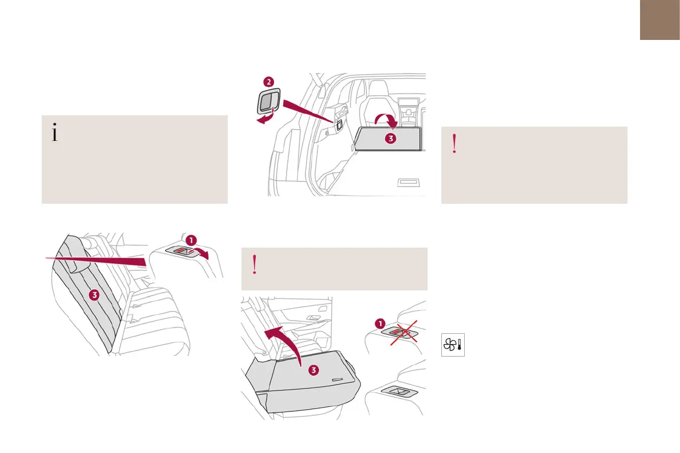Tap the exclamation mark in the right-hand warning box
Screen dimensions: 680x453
[454, 145]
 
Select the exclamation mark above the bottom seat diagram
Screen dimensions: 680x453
[255, 265]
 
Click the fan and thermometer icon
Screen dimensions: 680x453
[453, 346]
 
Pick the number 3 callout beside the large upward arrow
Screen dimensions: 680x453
[313, 370]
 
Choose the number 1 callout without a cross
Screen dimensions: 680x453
[192, 239]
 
